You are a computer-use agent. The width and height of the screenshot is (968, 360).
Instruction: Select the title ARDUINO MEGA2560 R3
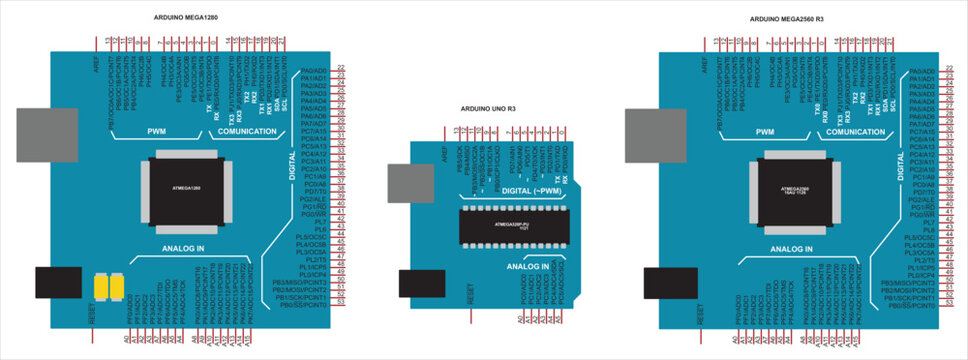(787, 19)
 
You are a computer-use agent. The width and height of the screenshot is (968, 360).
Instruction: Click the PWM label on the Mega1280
(158, 131)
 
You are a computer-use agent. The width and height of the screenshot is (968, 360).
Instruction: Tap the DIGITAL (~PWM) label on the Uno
(530, 189)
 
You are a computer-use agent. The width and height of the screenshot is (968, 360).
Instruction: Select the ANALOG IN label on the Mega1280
(182, 246)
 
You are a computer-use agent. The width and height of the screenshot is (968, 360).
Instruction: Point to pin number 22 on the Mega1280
(341, 66)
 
